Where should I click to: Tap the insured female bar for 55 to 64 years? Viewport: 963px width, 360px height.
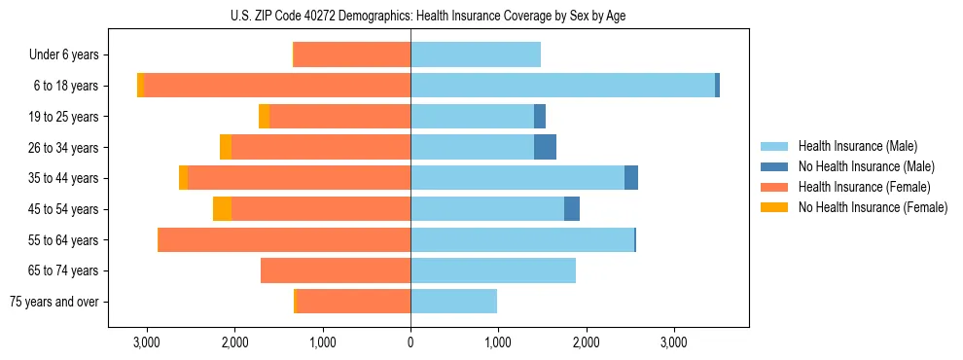(x=284, y=239)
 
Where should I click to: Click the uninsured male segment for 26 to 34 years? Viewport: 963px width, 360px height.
(x=545, y=147)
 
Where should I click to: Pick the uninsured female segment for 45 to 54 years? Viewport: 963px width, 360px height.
(x=222, y=209)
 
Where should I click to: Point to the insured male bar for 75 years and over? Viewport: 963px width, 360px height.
(x=453, y=302)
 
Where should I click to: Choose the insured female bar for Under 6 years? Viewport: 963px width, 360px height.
(x=352, y=54)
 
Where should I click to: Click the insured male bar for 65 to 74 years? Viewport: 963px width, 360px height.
(x=493, y=270)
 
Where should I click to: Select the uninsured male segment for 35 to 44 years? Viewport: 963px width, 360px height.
(x=631, y=178)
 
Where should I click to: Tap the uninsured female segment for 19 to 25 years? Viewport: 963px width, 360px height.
(x=264, y=117)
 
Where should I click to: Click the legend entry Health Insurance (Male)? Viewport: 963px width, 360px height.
(x=857, y=146)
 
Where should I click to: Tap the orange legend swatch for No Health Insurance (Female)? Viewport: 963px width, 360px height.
(x=774, y=207)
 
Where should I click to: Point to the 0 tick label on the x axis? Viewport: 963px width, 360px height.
(x=410, y=342)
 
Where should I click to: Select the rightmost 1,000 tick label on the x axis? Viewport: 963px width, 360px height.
(x=498, y=342)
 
